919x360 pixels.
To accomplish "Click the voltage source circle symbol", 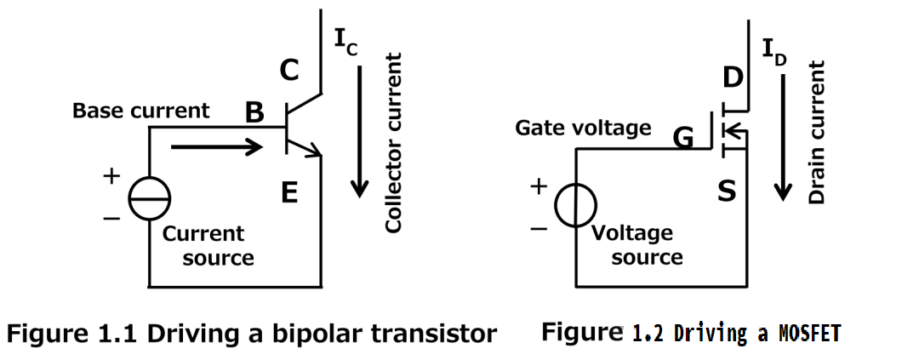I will pyautogui.click(x=575, y=206).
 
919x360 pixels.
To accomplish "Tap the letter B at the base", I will pyautogui.click(x=254, y=112).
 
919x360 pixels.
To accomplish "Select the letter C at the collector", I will pyautogui.click(x=289, y=71).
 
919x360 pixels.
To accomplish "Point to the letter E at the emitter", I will pyautogui.click(x=289, y=194).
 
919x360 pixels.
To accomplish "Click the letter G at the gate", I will pyautogui.click(x=683, y=137).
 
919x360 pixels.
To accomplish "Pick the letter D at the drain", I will pyautogui.click(x=733, y=77).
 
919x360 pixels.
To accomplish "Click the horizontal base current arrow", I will pyautogui.click(x=217, y=147).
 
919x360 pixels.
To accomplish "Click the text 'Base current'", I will pyautogui.click(x=140, y=111).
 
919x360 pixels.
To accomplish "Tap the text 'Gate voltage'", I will pyautogui.click(x=583, y=129).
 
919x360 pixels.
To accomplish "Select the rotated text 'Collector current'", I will pyautogui.click(x=393, y=143).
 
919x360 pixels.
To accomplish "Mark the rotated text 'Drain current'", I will pyautogui.click(x=817, y=132).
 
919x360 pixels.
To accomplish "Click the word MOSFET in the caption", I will pyautogui.click(x=809, y=334).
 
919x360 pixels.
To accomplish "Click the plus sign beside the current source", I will pyautogui.click(x=111, y=177).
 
